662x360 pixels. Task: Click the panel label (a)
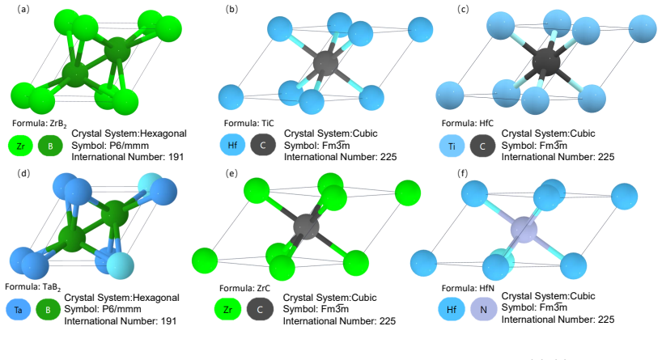[23, 9]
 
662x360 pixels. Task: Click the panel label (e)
[231, 173]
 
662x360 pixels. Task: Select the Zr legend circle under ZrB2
[20, 146]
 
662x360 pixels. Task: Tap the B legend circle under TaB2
[48, 309]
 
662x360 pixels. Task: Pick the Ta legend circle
[18, 309]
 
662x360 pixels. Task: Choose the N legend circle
[483, 309]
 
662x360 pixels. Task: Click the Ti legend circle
[452, 146]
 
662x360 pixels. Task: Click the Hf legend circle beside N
[452, 309]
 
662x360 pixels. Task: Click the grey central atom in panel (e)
[307, 227]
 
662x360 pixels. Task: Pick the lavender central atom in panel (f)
[524, 230]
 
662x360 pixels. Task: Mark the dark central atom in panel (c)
[546, 62]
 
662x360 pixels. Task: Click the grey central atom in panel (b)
[325, 63]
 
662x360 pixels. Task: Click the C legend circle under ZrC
[260, 309]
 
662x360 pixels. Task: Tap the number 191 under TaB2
[168, 321]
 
